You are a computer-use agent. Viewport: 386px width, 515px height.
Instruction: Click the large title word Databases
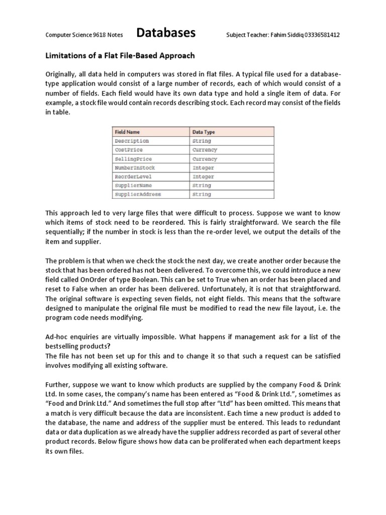point(166,34)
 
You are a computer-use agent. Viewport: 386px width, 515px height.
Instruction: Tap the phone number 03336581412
point(318,35)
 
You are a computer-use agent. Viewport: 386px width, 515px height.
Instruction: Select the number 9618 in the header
point(101,35)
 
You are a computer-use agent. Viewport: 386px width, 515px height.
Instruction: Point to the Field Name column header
point(127,132)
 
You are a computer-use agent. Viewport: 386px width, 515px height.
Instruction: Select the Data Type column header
point(204,132)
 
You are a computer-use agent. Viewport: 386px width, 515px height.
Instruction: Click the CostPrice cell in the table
point(129,150)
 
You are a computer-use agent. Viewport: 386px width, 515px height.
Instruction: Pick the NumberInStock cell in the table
point(135,167)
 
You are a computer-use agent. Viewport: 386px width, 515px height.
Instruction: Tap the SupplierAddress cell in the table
point(138,194)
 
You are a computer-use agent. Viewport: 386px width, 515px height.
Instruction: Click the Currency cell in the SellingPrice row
point(205,159)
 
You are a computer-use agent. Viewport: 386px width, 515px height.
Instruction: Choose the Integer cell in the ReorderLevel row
point(203,177)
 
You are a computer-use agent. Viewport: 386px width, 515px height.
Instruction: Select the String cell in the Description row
point(202,141)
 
